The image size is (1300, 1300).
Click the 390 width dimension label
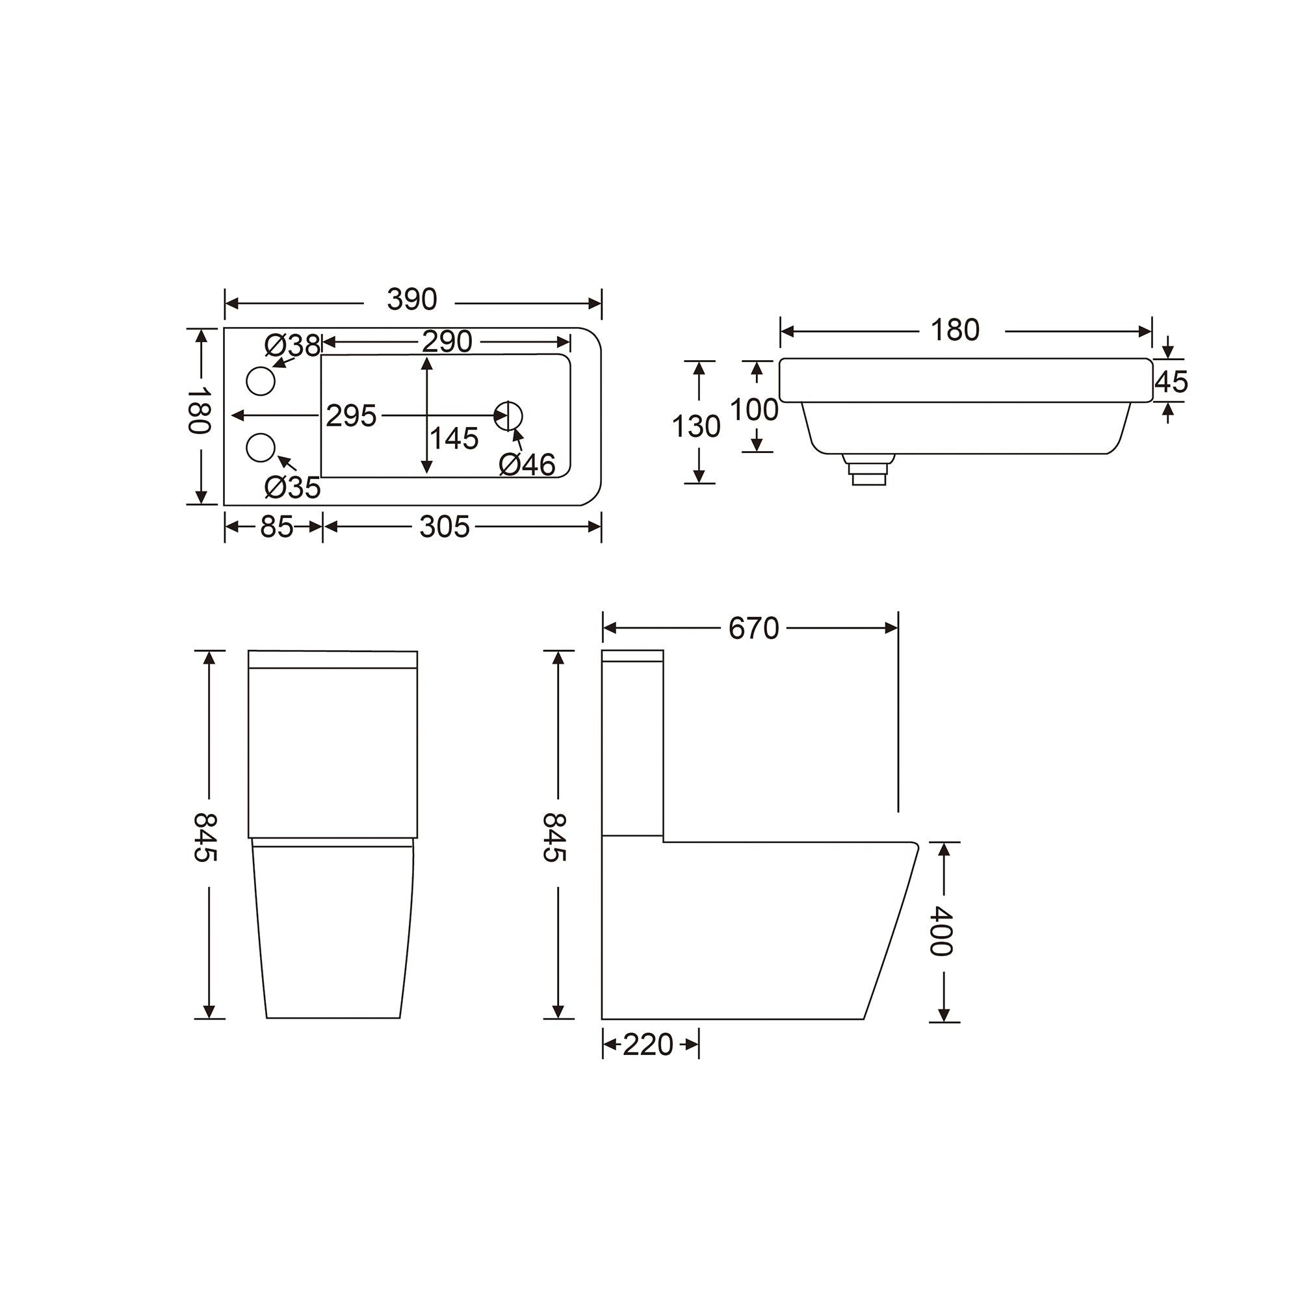[412, 300]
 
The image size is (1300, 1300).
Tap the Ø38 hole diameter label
[292, 346]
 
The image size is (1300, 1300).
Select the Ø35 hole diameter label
[292, 487]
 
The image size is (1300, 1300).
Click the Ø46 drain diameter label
[527, 464]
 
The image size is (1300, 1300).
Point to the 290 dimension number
[447, 343]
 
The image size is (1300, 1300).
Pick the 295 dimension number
[350, 416]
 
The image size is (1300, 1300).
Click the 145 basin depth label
[454, 439]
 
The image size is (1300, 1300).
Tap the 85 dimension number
[276, 527]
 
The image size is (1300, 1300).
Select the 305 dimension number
[444, 527]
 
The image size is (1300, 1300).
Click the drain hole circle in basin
[508, 416]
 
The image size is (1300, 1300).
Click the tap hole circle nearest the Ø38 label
[261, 381]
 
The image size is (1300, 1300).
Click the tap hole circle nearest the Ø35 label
[261, 447]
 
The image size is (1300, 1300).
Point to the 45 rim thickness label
[1171, 382]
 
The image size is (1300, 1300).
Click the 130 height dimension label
[695, 426]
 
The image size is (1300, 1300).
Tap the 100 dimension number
[753, 409]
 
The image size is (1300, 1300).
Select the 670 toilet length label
[753, 629]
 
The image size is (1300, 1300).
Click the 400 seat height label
[941, 931]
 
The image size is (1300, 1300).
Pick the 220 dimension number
[647, 1045]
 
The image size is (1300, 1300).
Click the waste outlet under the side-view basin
[868, 469]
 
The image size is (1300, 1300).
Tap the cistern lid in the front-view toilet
[332, 658]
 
